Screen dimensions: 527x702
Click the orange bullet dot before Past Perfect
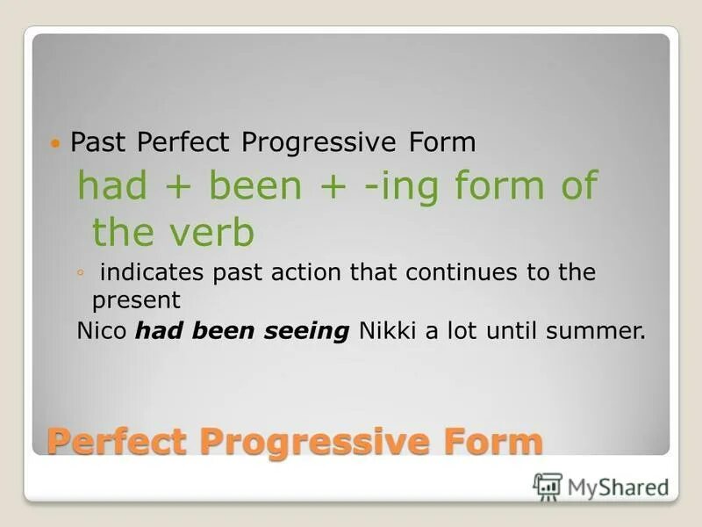[x=57, y=142]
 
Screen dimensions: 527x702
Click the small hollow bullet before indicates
[x=80, y=273]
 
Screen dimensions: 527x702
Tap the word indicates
[x=150, y=273]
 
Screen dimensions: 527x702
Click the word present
[x=136, y=301]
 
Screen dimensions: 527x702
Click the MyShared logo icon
[x=548, y=486]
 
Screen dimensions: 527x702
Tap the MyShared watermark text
[x=617, y=487]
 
